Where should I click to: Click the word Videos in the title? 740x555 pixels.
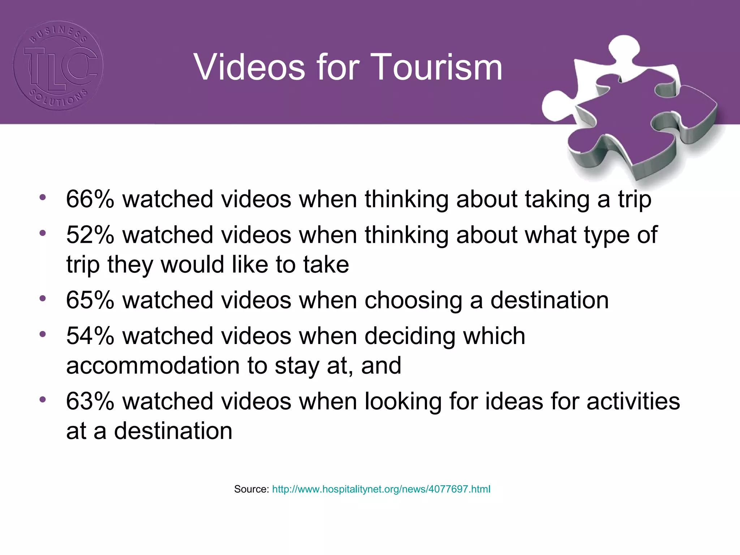click(x=250, y=67)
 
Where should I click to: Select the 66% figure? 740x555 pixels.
click(x=90, y=199)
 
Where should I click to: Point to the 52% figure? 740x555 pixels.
click(x=90, y=235)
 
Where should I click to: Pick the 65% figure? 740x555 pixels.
click(x=90, y=300)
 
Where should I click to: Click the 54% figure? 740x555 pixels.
click(x=90, y=336)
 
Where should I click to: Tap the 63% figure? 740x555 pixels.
click(x=90, y=401)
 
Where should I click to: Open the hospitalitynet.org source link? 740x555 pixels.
click(x=381, y=489)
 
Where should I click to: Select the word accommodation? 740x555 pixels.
click(x=153, y=366)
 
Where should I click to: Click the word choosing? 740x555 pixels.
click(x=413, y=301)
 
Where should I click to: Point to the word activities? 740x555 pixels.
click(x=633, y=401)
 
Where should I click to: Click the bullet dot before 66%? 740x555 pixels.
click(x=43, y=197)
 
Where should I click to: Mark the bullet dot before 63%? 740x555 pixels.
click(x=43, y=399)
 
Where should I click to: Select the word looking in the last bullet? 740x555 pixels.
click(x=403, y=402)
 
